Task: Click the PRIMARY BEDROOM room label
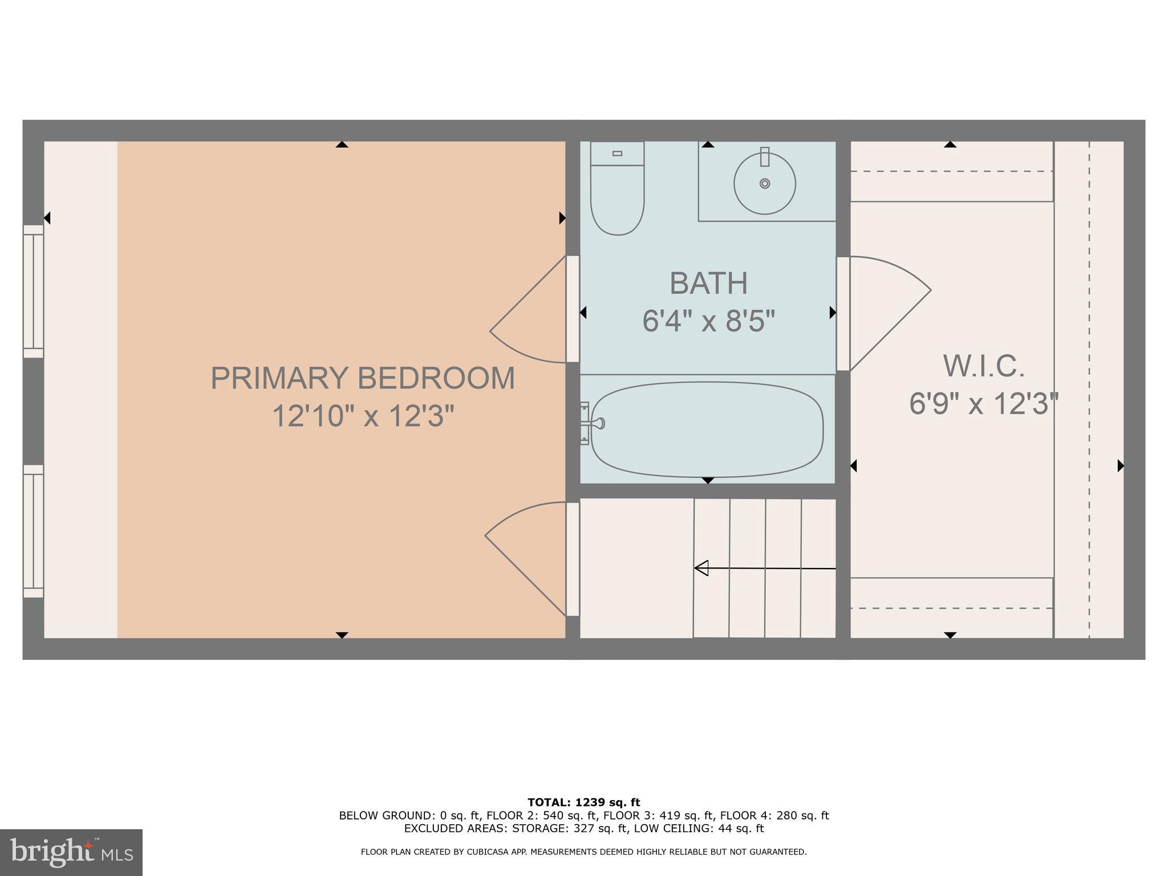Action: (x=363, y=378)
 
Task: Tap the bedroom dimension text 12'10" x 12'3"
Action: (x=363, y=416)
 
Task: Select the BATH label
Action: (x=708, y=283)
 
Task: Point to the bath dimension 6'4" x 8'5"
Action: (x=708, y=321)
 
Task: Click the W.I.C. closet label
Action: (x=984, y=366)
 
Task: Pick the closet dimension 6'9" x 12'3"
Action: (x=984, y=404)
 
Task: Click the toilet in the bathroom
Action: (x=617, y=197)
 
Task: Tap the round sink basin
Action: (x=764, y=184)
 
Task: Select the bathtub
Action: (x=707, y=429)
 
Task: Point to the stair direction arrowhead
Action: (x=701, y=568)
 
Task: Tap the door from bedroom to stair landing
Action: (x=528, y=556)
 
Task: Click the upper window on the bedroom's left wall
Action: (x=34, y=291)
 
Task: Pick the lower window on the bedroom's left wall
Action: (x=34, y=531)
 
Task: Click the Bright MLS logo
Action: (x=71, y=852)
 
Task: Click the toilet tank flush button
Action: (x=617, y=153)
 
